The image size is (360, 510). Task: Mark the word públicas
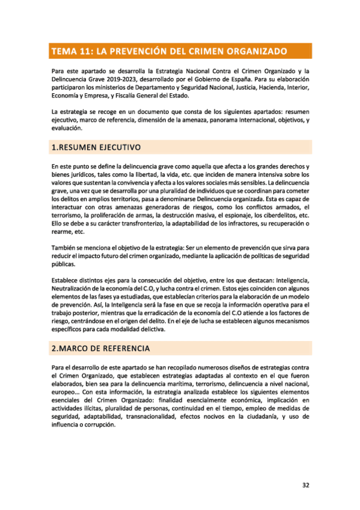tap(64, 263)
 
